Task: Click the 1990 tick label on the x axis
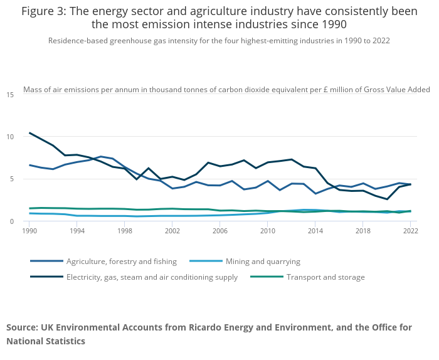tap(29, 231)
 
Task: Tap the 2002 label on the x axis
tap(172, 231)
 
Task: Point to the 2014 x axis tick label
tap(315, 231)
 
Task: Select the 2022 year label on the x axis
tap(410, 231)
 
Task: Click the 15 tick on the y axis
tap(10, 95)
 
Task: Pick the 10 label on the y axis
tap(10, 137)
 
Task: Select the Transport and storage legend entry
tap(325, 277)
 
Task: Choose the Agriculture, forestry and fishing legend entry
tap(122, 261)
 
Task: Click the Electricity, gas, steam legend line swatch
tap(46, 277)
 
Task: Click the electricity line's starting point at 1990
tap(29, 133)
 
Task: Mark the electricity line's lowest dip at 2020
tap(387, 199)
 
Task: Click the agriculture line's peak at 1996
tap(101, 156)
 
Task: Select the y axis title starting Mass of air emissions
tap(226, 90)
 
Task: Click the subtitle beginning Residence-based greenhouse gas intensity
tap(219, 41)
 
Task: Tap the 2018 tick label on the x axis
tap(362, 231)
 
